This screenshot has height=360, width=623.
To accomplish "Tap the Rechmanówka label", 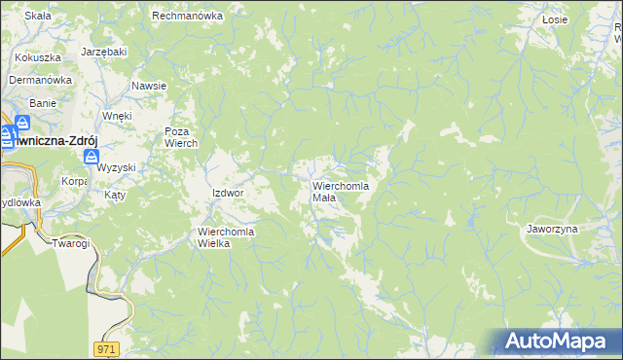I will pyautogui.click(x=188, y=17).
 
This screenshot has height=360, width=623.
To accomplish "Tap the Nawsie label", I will pyautogui.click(x=149, y=86).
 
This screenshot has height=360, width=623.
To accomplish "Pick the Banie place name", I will pyautogui.click(x=43, y=102).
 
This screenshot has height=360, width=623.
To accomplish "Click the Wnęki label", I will pyautogui.click(x=117, y=116).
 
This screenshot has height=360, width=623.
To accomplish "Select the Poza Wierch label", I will pyautogui.click(x=181, y=137).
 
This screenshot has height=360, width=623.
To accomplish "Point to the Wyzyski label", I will pyautogui.click(x=116, y=167).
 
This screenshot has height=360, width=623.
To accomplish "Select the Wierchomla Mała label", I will pyautogui.click(x=340, y=191).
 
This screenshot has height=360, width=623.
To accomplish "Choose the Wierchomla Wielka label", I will pyautogui.click(x=227, y=237).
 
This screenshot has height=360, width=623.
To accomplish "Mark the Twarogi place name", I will pyautogui.click(x=71, y=243).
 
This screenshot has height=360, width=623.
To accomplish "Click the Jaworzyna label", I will pyautogui.click(x=552, y=229).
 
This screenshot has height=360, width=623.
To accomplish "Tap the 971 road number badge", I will pyautogui.click(x=108, y=347).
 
